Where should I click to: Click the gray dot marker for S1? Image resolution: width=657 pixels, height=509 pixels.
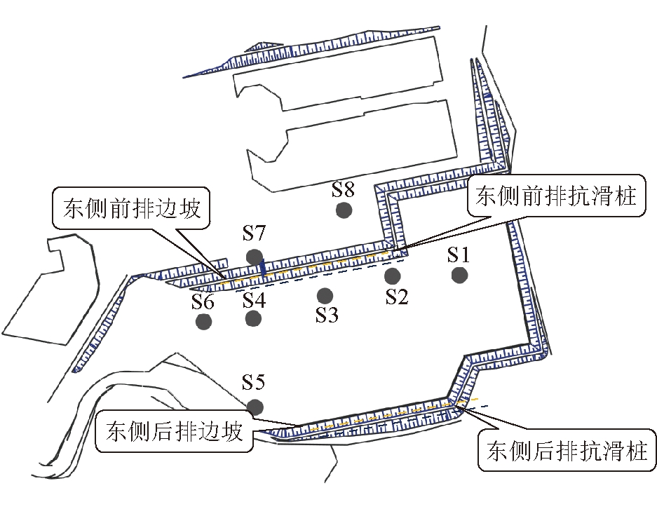(459, 275)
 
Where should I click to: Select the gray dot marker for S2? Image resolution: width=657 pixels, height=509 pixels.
(392, 276)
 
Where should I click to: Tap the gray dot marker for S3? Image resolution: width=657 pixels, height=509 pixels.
(324, 295)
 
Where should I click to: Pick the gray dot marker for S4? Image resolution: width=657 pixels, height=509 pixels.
(253, 318)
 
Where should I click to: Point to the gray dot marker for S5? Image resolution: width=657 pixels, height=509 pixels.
(255, 407)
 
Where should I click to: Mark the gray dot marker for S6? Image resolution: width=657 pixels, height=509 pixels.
(204, 321)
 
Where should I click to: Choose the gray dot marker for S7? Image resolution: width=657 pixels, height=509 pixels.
(254, 257)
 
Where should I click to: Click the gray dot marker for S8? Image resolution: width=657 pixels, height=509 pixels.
(344, 209)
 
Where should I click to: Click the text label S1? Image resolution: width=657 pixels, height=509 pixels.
(462, 254)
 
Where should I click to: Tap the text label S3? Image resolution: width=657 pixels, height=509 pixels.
(327, 315)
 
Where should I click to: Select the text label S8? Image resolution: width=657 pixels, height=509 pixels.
(344, 189)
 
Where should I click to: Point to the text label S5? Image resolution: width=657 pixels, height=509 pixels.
(253, 383)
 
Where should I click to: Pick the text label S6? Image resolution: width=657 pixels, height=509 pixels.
(204, 301)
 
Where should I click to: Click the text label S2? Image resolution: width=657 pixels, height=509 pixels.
(397, 297)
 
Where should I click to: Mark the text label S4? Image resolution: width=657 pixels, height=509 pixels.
(254, 300)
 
